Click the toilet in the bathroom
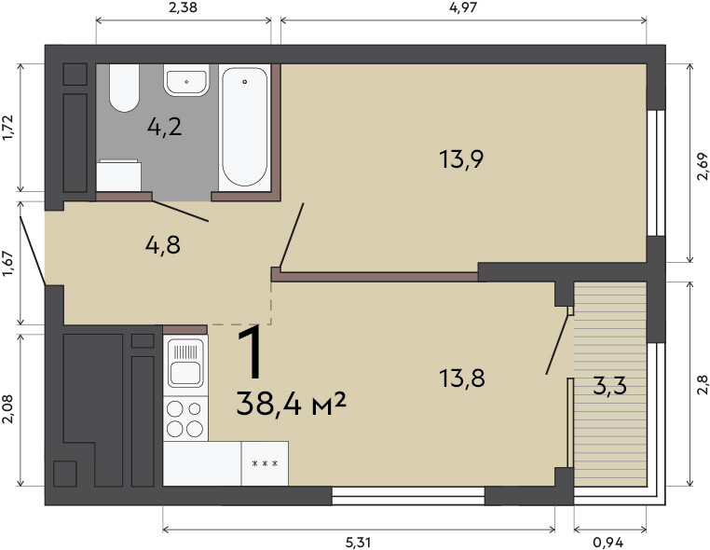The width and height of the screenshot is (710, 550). point(124,88)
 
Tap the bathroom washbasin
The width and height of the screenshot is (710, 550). point(186,80)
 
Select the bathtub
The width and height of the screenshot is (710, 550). point(244,128)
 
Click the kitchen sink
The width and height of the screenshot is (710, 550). point(185,362)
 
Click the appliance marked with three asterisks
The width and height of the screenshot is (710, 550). point(265,463)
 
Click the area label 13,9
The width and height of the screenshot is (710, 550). point(461,159)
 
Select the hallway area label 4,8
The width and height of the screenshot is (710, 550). point(163,245)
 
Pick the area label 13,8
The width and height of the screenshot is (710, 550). point(462,378)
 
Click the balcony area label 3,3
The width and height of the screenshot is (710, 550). point(609,386)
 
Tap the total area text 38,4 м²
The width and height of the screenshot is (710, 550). point(291,404)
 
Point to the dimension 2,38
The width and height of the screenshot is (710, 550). point(183,7)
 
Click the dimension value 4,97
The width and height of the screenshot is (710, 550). point(463,7)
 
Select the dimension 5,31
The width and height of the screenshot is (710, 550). point(358,542)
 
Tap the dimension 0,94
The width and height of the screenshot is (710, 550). point(608,542)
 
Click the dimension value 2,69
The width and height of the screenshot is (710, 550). point(702,166)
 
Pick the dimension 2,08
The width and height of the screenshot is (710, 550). point(8,409)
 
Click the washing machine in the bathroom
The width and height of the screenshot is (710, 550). point(119,175)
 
